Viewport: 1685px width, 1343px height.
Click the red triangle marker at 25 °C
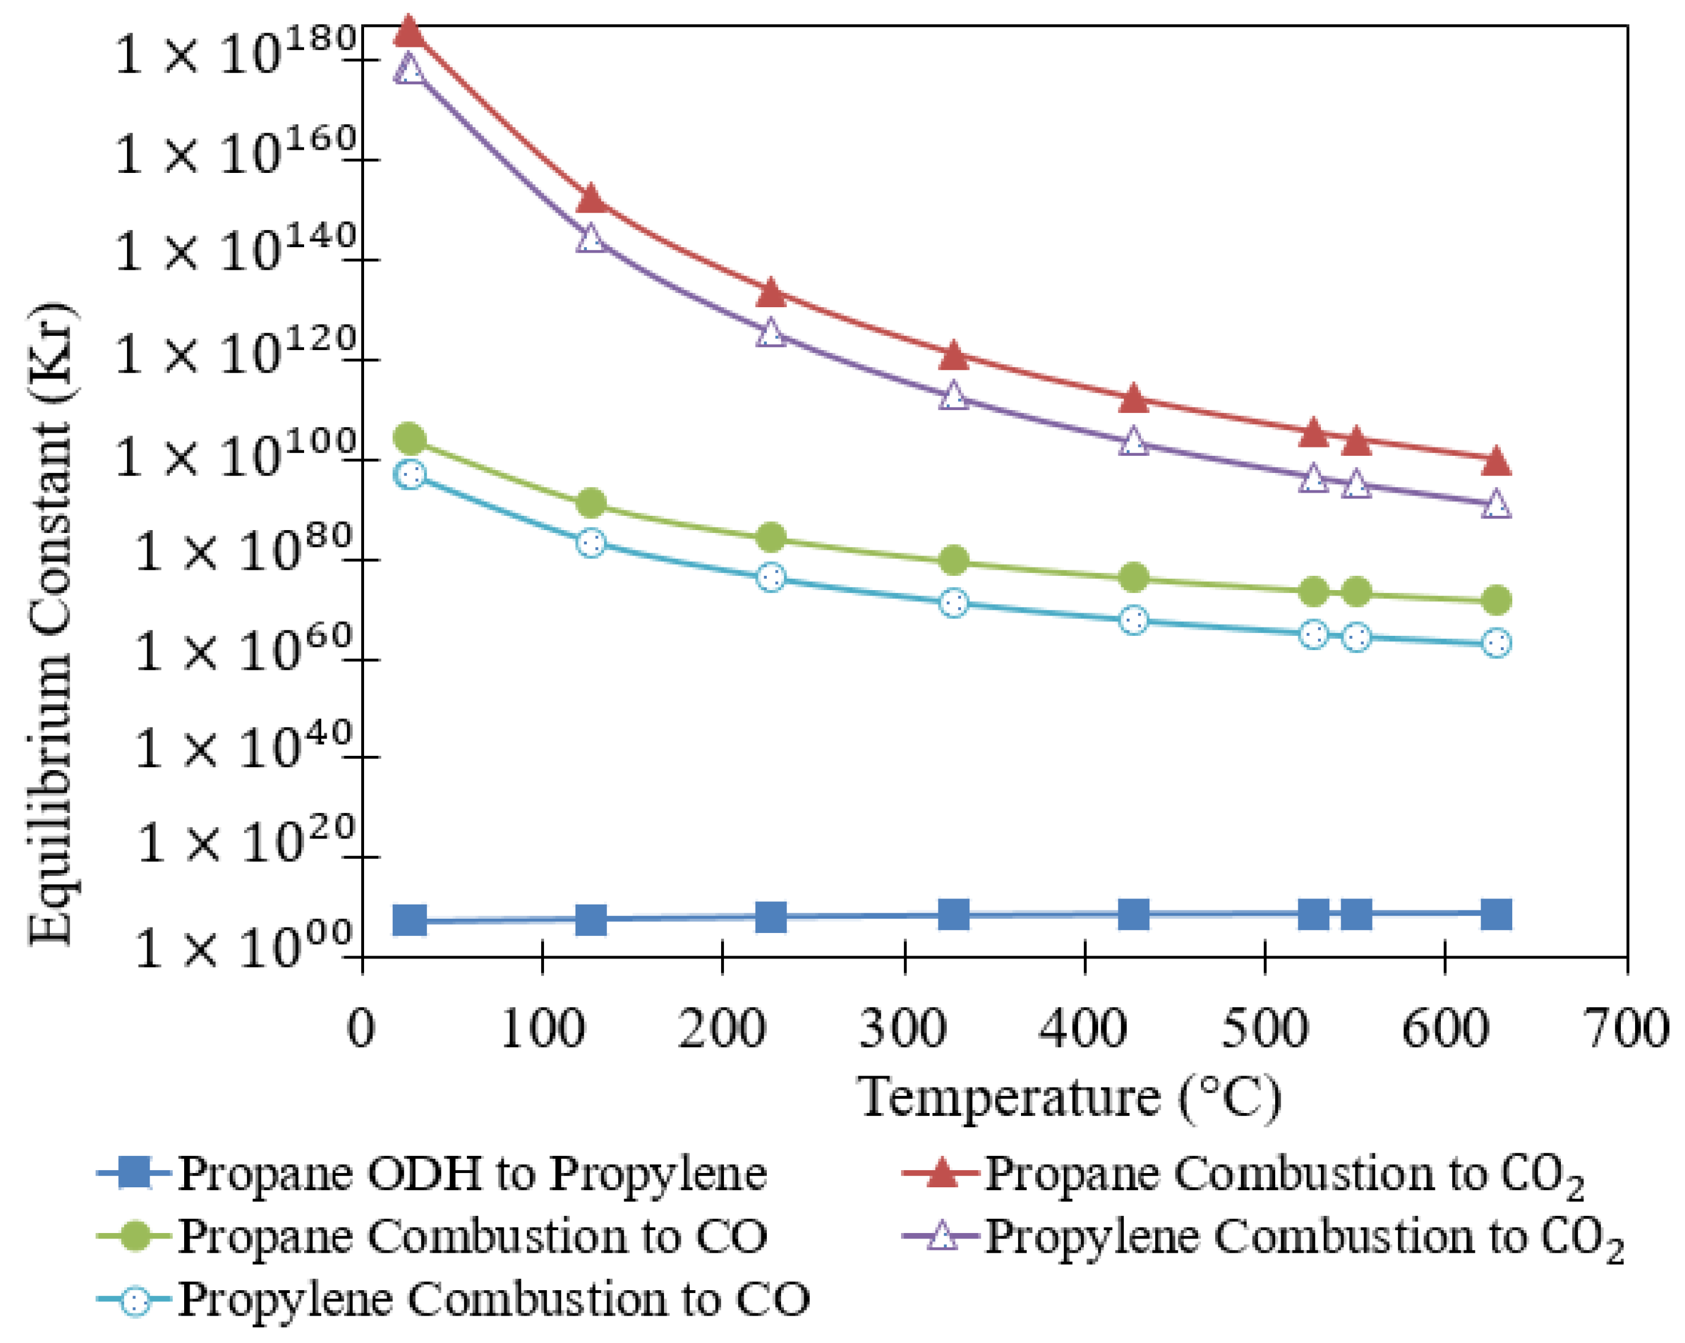[409, 31]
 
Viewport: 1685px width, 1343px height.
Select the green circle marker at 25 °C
[410, 439]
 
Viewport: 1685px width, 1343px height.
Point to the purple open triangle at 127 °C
[591, 238]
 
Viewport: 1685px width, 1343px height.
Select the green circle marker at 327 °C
[953, 560]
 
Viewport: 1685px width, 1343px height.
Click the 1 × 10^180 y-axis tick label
[235, 52]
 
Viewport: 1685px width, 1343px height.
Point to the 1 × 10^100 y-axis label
[235, 455]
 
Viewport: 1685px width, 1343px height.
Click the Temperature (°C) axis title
[1070, 1098]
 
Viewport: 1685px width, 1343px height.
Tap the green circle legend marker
[136, 1237]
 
